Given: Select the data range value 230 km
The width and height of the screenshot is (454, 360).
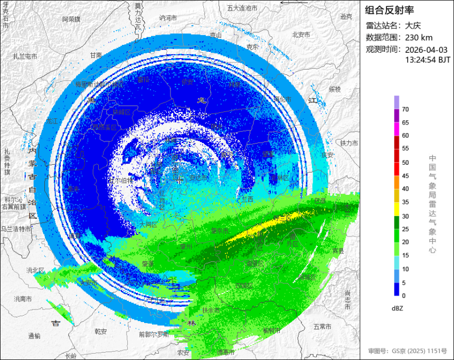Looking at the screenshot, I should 419,37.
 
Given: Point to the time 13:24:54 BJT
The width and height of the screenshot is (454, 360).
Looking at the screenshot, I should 428,60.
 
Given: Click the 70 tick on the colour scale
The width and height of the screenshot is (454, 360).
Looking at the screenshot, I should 405,109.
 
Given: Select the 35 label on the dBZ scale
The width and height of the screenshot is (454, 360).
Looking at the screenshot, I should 405,202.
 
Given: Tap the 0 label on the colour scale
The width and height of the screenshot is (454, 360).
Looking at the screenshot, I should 404,296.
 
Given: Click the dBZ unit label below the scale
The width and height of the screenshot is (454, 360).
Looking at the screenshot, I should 399,308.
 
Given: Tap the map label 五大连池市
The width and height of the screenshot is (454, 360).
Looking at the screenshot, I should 242,8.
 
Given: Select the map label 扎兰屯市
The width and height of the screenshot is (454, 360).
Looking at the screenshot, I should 25,56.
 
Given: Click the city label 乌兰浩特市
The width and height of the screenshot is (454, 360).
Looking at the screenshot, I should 16,229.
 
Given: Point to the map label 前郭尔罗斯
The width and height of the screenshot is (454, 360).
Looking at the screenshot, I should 154,334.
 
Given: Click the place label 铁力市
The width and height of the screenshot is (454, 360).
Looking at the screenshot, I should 349,143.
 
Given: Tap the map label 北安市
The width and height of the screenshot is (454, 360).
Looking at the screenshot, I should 301,35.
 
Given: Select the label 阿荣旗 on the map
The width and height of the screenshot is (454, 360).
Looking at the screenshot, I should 71,19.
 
